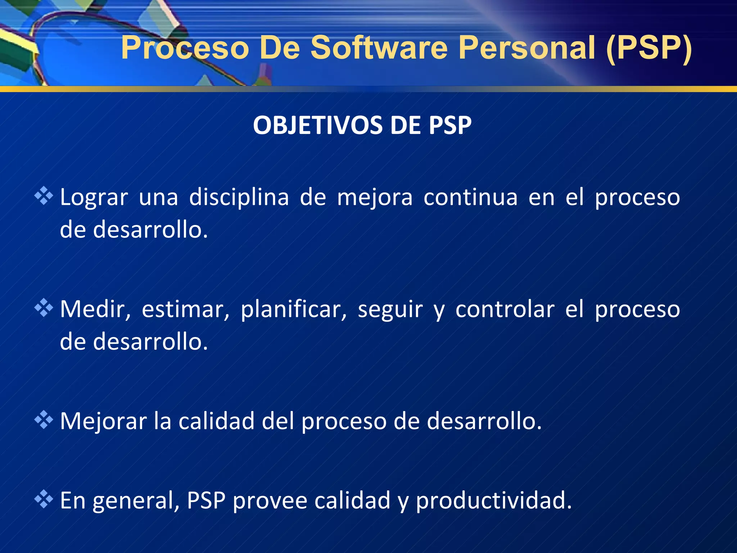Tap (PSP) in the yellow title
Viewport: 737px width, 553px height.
[649, 48]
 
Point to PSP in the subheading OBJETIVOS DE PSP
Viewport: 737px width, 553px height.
[450, 126]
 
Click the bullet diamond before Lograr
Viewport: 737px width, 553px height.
[44, 196]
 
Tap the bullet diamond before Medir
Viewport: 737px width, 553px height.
[44, 308]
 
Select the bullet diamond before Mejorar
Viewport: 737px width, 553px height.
[44, 419]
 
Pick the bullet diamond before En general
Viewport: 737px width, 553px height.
[44, 499]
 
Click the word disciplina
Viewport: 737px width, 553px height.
[239, 198]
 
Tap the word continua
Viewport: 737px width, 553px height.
[470, 198]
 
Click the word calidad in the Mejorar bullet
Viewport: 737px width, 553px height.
[216, 421]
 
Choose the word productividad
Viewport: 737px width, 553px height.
[493, 501]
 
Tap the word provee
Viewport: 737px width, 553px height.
[270, 501]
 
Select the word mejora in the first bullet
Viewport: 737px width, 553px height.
[375, 198]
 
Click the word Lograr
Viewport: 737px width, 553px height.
[94, 198]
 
